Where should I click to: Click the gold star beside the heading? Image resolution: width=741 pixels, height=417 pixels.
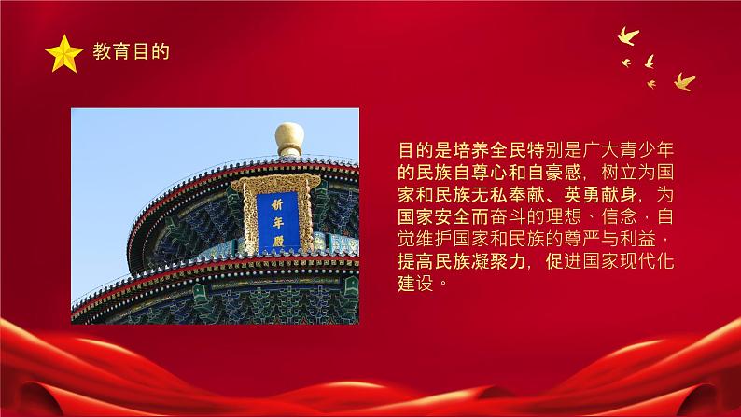[x=64, y=53]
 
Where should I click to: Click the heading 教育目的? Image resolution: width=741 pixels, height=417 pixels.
[x=131, y=53]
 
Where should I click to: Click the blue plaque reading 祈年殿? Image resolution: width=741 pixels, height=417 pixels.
[x=277, y=221]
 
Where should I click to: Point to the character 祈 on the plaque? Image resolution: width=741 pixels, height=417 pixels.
[x=277, y=203]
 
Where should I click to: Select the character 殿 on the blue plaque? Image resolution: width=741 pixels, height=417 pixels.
[x=277, y=240]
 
